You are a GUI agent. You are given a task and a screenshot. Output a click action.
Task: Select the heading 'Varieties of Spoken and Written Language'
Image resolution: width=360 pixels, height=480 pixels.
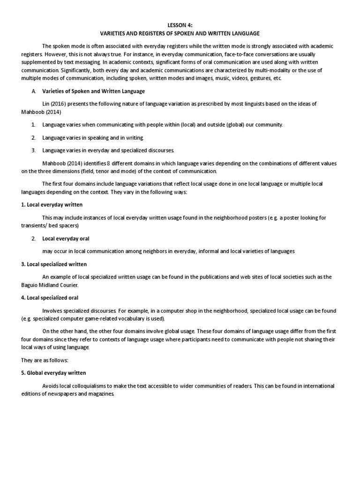94,90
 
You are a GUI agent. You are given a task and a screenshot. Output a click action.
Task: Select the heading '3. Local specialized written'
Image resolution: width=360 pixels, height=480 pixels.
54,264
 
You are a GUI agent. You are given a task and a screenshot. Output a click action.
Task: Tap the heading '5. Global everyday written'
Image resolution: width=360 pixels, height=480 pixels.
53,373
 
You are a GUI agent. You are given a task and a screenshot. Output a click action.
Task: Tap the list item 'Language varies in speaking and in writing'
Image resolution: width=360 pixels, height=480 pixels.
93,137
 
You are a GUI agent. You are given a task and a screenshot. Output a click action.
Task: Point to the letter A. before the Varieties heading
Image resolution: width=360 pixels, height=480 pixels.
34,90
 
